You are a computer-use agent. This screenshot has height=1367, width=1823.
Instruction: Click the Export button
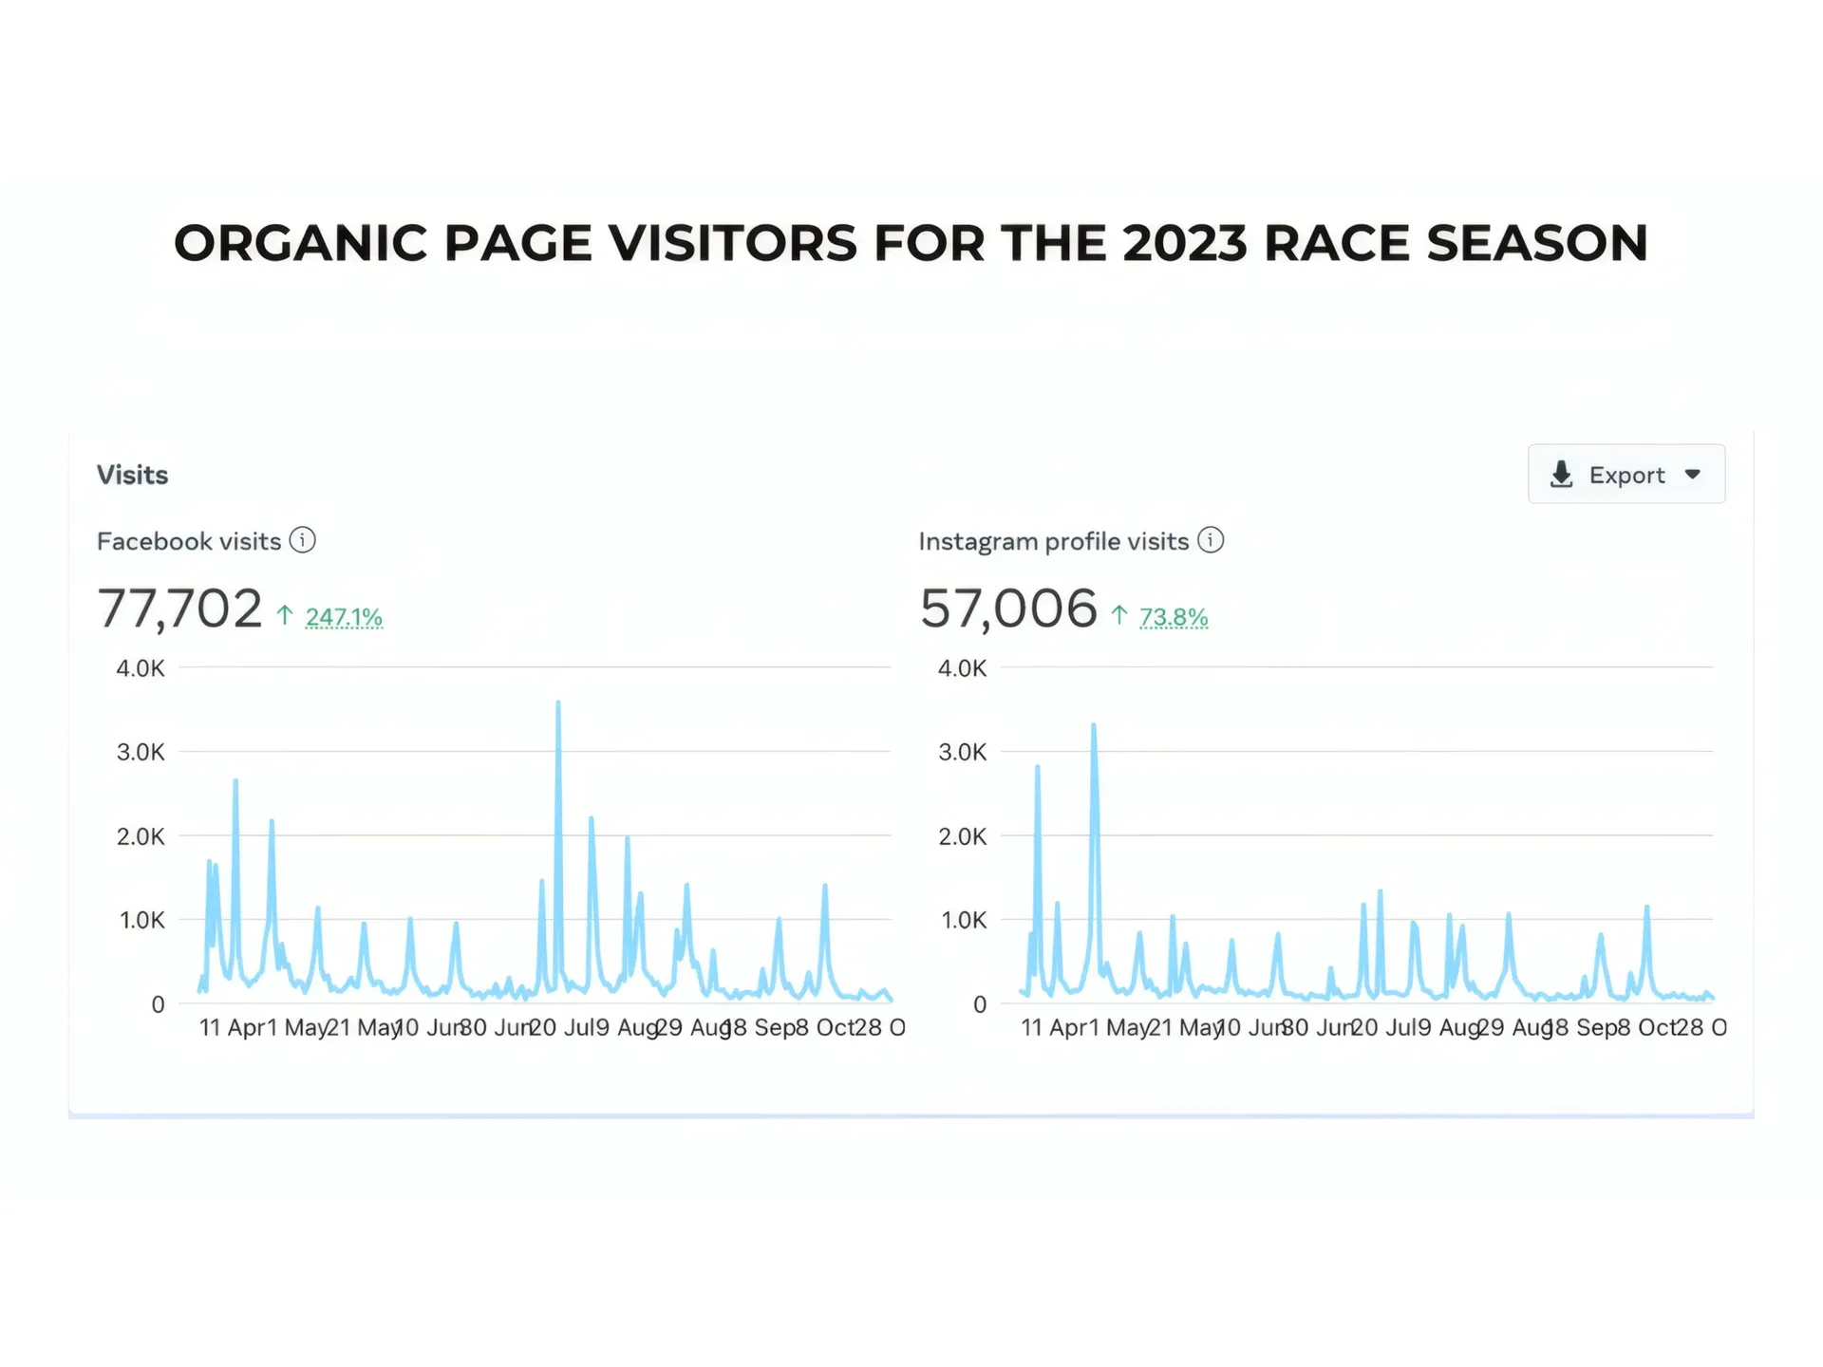pos(1626,475)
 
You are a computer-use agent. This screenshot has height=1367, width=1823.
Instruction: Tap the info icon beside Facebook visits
pos(302,540)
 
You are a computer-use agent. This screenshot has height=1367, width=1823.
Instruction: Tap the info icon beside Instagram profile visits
pos(1211,540)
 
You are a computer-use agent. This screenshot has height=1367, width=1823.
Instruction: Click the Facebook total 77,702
pos(179,609)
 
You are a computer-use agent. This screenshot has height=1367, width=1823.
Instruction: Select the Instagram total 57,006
pos(1008,609)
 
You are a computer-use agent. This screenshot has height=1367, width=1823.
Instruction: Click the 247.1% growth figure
pos(344,617)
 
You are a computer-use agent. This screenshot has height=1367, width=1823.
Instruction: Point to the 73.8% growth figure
pos(1174,617)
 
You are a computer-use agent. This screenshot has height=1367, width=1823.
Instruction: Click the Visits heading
pos(132,475)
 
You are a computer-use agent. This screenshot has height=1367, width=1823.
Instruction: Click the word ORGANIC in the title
pos(300,243)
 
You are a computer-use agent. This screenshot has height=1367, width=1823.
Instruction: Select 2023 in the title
pos(1184,243)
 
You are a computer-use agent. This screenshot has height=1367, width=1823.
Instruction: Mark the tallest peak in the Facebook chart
pos(558,702)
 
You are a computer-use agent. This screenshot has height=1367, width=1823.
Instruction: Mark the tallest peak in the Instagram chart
pos(1094,725)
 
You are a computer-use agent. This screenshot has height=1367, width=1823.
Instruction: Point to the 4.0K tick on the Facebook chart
pos(141,668)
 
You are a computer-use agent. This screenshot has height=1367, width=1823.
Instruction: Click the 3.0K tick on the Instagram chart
pos(963,752)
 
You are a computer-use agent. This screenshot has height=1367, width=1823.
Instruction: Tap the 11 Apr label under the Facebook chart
pos(232,1027)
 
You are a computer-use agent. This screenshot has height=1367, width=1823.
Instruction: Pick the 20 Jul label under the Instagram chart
pos(1378,1027)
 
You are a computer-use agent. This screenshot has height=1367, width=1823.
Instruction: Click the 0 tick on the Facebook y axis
pos(158,1004)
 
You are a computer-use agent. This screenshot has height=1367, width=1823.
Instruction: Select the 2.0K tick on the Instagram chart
pos(963,836)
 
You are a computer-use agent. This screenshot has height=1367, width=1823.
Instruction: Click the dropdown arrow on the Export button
pos(1693,475)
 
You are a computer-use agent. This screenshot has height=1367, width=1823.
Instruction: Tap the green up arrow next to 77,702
pos(285,615)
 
